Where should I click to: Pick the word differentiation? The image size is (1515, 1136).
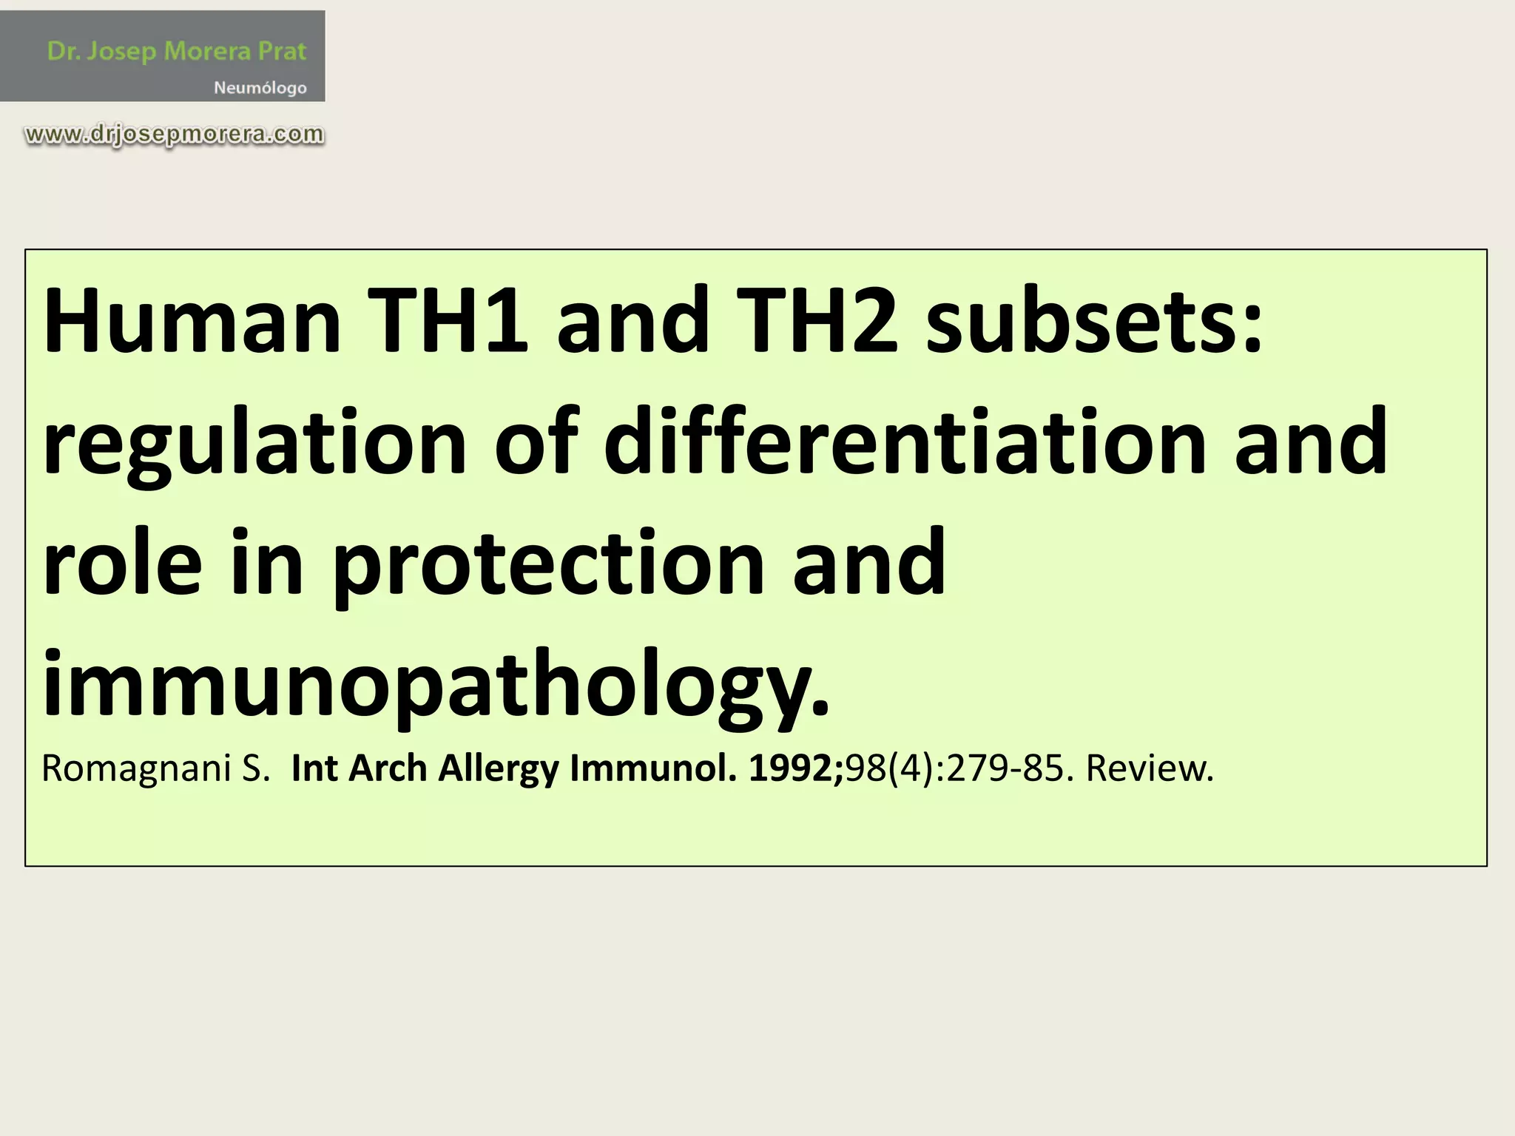(x=905, y=442)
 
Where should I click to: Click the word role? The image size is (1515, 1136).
(x=122, y=564)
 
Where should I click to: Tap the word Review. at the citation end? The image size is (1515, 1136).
(x=1150, y=768)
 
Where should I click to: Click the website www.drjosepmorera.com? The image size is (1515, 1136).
(x=175, y=135)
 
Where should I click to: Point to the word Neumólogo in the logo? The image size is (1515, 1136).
(x=260, y=88)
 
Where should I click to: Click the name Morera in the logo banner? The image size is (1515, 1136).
(x=206, y=51)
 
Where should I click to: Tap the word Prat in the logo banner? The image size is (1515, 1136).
(x=282, y=51)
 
